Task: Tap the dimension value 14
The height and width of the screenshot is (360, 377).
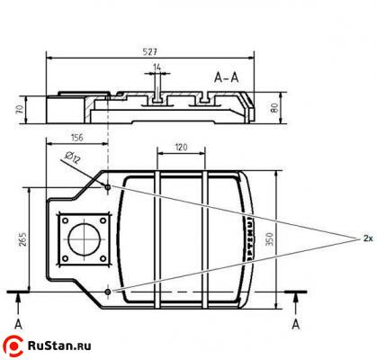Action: (157, 68)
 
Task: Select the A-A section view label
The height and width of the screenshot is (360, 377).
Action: (227, 77)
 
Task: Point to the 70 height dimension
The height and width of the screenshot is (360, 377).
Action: (18, 109)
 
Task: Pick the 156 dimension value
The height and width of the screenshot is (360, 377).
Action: (77, 138)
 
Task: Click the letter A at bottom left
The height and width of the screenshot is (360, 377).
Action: (17, 321)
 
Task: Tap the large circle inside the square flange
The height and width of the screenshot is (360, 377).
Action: (85, 239)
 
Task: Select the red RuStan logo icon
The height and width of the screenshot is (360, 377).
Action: (15, 343)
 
